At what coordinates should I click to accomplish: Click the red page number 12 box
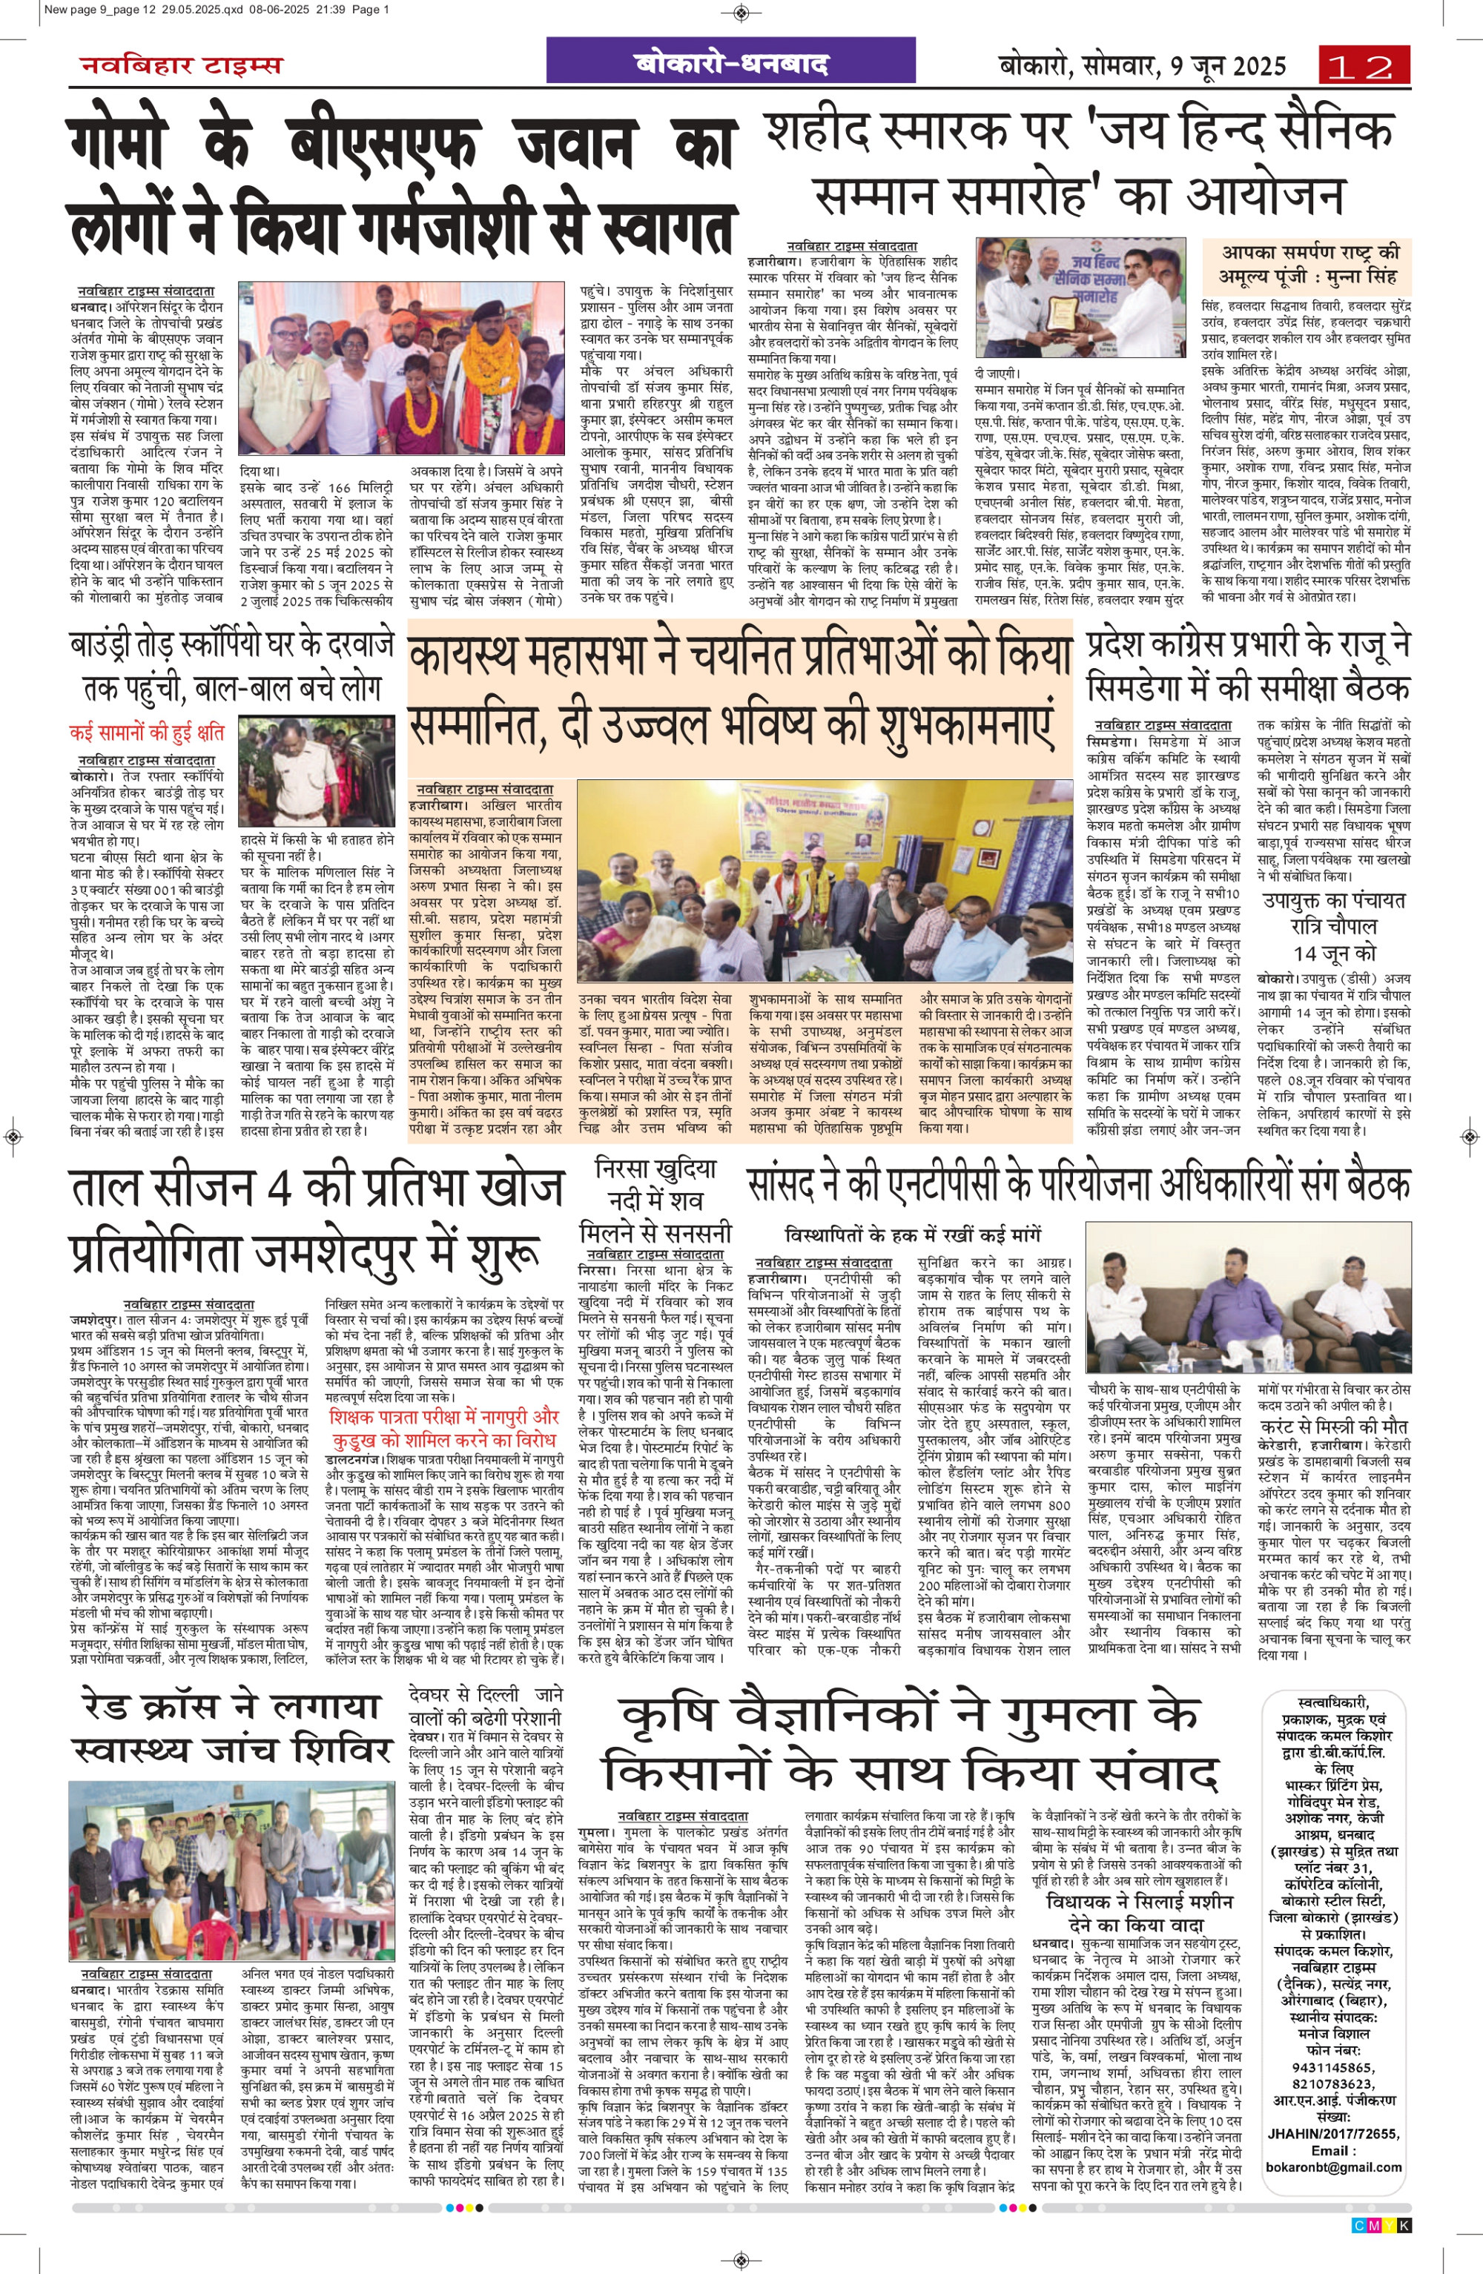click(1363, 66)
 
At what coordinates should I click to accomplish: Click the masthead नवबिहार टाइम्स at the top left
click(182, 65)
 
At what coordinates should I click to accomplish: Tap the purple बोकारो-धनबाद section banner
click(731, 63)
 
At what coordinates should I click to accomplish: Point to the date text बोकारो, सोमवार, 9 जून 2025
click(1142, 65)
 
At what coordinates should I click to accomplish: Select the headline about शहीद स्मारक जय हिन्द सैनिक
click(1080, 163)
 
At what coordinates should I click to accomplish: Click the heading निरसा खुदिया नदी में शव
click(655, 1198)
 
